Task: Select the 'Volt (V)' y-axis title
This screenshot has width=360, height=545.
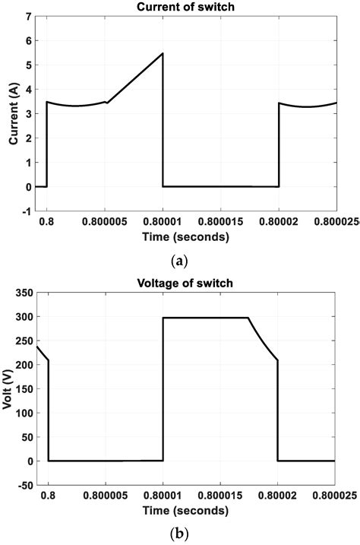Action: (x=9, y=388)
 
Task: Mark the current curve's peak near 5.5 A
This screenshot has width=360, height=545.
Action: (x=163, y=53)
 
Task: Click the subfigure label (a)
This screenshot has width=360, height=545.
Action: (x=180, y=261)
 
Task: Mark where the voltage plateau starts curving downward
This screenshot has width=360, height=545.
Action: (x=248, y=318)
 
